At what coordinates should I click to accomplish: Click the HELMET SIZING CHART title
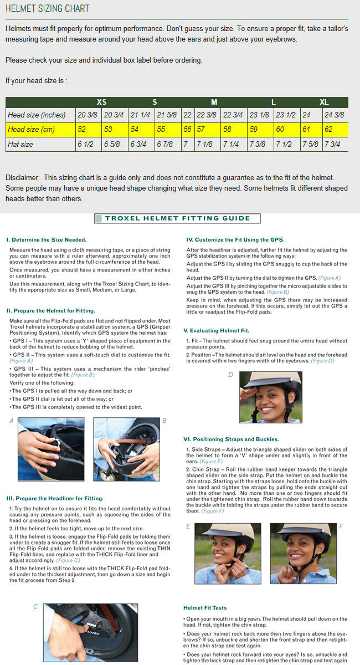coord(47,9)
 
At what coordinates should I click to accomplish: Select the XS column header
coord(101,102)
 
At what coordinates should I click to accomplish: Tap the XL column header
coord(324,102)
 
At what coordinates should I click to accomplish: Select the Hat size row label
coord(20,144)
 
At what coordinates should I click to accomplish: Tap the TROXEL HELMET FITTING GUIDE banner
coord(177,218)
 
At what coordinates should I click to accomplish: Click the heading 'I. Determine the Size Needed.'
coord(46,240)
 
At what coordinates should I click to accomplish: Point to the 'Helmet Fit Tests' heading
coord(205,608)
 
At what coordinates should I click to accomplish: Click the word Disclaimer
coord(22,177)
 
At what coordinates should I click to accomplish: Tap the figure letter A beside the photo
coord(12,421)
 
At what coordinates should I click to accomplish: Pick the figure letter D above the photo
coord(230,375)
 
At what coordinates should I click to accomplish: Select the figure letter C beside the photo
coord(35,607)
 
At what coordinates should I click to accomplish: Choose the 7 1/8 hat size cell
coord(204,144)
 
